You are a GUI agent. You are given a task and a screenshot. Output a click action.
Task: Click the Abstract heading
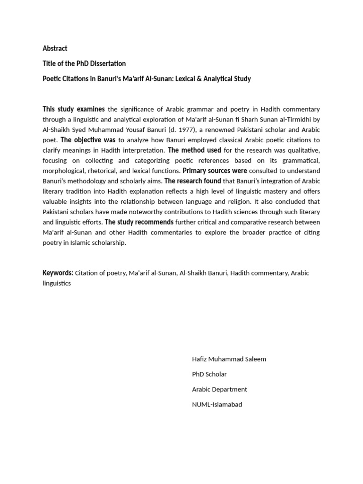click(x=55, y=48)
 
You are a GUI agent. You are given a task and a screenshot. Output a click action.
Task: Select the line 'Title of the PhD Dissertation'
click(x=84, y=63)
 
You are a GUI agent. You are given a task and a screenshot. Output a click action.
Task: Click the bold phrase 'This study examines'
click(x=74, y=109)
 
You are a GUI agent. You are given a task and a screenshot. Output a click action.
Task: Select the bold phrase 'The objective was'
click(x=88, y=140)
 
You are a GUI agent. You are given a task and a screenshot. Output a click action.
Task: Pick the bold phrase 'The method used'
click(x=195, y=150)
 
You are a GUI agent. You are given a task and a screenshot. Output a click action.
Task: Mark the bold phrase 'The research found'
click(x=193, y=181)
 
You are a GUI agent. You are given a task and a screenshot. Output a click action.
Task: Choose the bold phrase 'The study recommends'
click(x=139, y=222)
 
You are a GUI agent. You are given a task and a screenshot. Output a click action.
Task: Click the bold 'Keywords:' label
click(x=58, y=273)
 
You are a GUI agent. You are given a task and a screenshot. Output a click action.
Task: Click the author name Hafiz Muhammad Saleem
click(x=229, y=359)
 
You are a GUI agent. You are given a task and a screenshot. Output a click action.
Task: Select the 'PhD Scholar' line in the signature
click(x=209, y=374)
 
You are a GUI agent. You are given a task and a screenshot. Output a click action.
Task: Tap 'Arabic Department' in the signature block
click(x=219, y=389)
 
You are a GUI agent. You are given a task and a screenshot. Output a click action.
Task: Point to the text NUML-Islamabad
click(x=216, y=404)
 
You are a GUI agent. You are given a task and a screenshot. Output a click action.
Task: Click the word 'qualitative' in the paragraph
click(x=302, y=150)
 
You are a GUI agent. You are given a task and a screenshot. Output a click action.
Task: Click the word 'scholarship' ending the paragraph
click(x=109, y=242)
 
